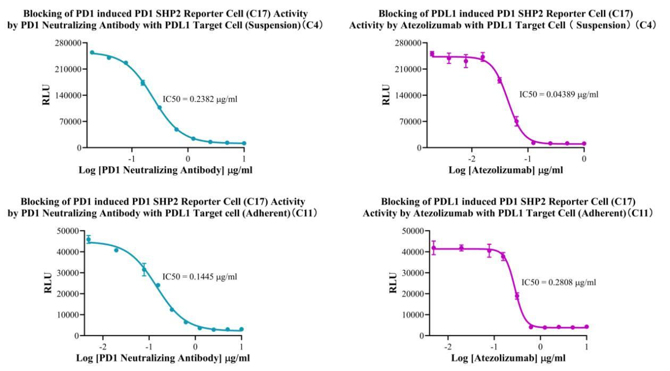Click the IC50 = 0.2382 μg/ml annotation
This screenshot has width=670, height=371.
tap(197, 99)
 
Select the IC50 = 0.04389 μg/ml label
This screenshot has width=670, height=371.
tap(559, 95)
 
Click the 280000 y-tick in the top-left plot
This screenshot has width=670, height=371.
tap(61, 44)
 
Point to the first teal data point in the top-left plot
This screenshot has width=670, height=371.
tap(92, 52)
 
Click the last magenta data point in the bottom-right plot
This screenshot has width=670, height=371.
tap(587, 327)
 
